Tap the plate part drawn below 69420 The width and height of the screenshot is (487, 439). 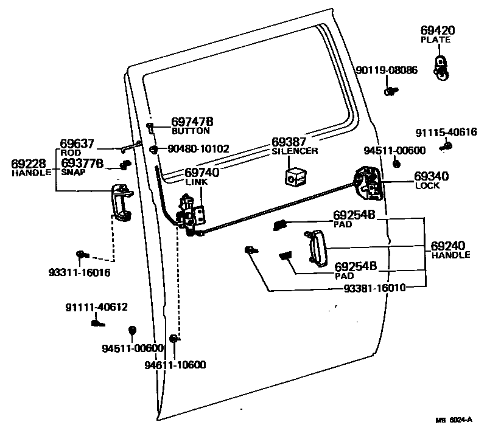(440, 66)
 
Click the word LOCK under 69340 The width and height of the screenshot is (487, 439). (427, 185)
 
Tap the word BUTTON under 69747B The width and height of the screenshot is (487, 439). (191, 131)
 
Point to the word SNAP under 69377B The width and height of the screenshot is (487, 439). (74, 172)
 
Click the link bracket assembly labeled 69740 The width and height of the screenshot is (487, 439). (194, 215)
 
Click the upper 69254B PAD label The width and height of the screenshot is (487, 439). (354, 215)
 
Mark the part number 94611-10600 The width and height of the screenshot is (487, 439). (175, 365)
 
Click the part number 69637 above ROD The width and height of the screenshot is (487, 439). (77, 144)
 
